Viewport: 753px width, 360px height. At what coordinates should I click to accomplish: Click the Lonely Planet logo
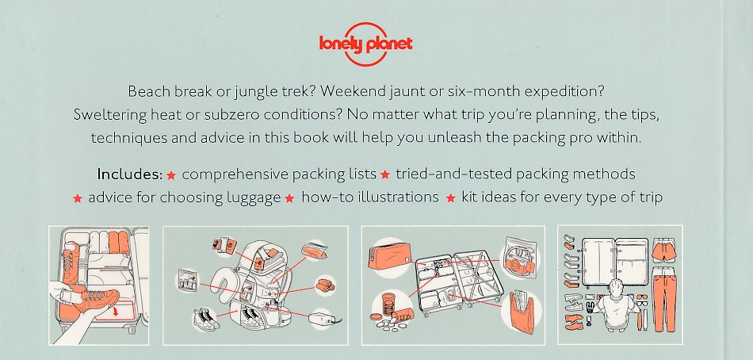[365, 44]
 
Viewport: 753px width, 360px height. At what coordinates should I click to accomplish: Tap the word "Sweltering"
[110, 115]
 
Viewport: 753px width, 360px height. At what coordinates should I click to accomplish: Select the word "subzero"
[231, 115]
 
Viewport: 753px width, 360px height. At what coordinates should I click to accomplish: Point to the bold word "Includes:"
[130, 174]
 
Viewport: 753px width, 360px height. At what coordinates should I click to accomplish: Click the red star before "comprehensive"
[171, 175]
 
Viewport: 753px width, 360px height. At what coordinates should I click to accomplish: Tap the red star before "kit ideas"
[450, 198]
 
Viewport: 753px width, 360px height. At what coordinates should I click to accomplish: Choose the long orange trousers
[665, 302]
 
